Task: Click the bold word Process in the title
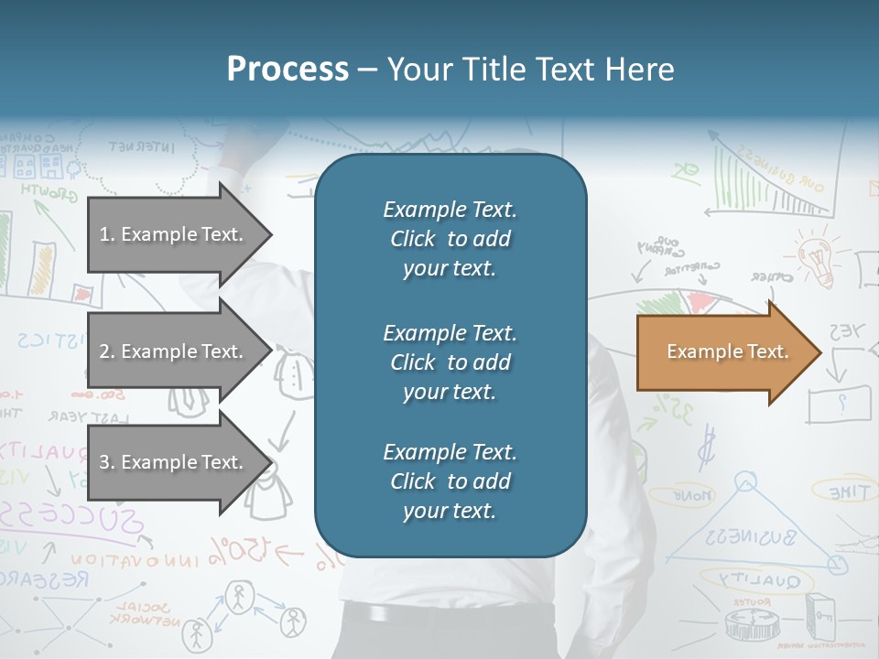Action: (x=288, y=69)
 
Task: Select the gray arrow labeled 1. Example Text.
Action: (x=174, y=234)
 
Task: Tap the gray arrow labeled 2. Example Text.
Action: (x=174, y=351)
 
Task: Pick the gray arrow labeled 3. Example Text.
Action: (x=174, y=462)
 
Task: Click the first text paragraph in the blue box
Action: (x=450, y=239)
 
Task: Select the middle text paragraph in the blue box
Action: (x=450, y=362)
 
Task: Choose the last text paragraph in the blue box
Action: (x=450, y=481)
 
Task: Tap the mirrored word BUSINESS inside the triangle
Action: (x=748, y=535)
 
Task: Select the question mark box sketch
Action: (x=839, y=401)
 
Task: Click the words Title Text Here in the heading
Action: (x=531, y=69)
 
